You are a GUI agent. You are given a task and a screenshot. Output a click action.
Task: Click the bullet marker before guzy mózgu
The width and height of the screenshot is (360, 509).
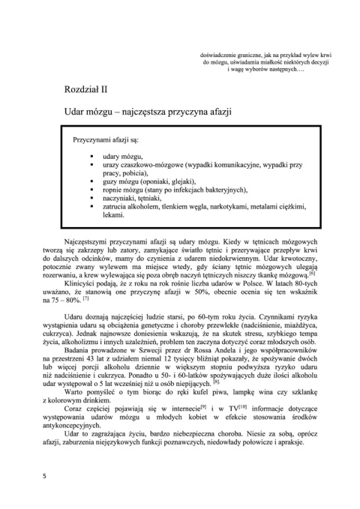[x=91, y=181]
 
